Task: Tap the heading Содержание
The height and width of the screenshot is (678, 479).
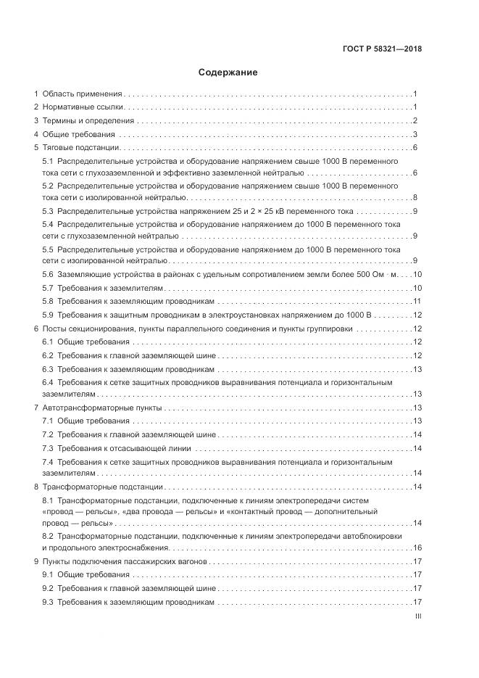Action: pyautogui.click(x=228, y=73)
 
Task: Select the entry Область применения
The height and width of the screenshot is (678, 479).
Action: pyautogui.click(x=83, y=94)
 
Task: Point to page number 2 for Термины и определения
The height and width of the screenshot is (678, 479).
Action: pyautogui.click(x=415, y=120)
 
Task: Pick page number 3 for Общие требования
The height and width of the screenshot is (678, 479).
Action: pyautogui.click(x=415, y=134)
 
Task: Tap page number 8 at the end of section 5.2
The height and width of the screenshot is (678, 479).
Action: pyautogui.click(x=415, y=197)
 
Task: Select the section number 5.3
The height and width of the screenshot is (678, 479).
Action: pyautogui.click(x=49, y=211)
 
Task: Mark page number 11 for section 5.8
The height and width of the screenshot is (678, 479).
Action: pyautogui.click(x=417, y=302)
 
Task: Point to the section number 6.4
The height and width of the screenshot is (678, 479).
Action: pyautogui.click(x=49, y=381)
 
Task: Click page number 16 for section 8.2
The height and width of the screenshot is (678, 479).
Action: pyautogui.click(x=417, y=548)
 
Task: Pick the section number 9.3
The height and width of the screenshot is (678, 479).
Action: pyautogui.click(x=49, y=602)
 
